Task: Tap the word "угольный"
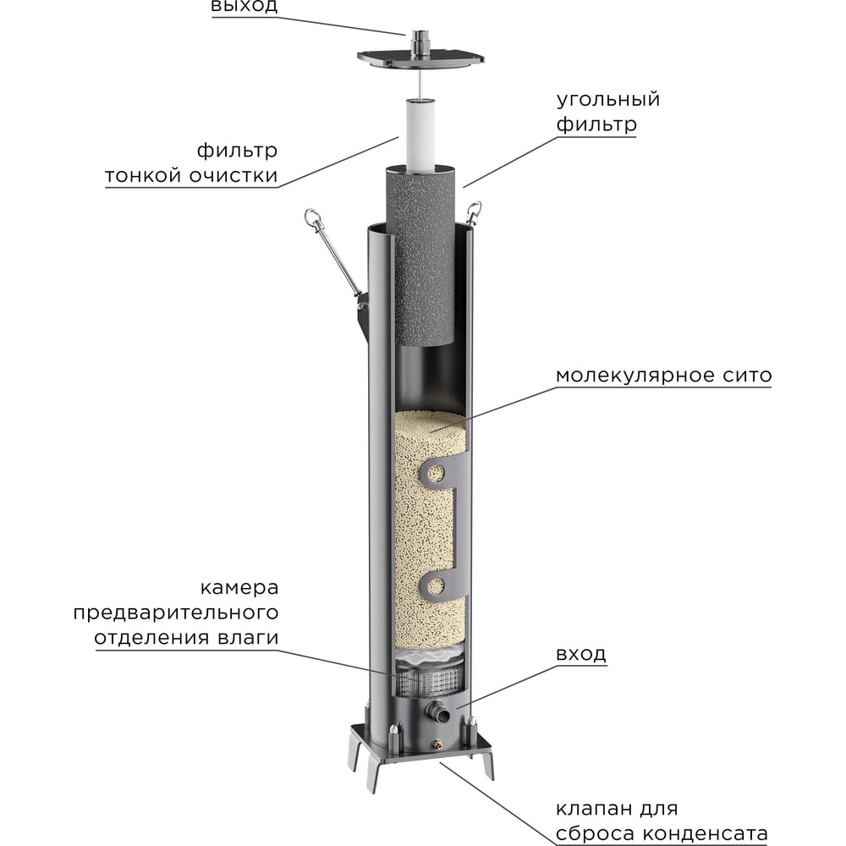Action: [607, 100]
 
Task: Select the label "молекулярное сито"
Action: [663, 375]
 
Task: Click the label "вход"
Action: [581, 654]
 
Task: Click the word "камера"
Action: [239, 587]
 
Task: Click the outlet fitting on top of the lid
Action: [420, 39]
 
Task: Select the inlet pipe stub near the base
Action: [438, 711]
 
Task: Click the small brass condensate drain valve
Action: [437, 745]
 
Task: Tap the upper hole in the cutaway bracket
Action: [436, 472]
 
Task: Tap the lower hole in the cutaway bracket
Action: [436, 583]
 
